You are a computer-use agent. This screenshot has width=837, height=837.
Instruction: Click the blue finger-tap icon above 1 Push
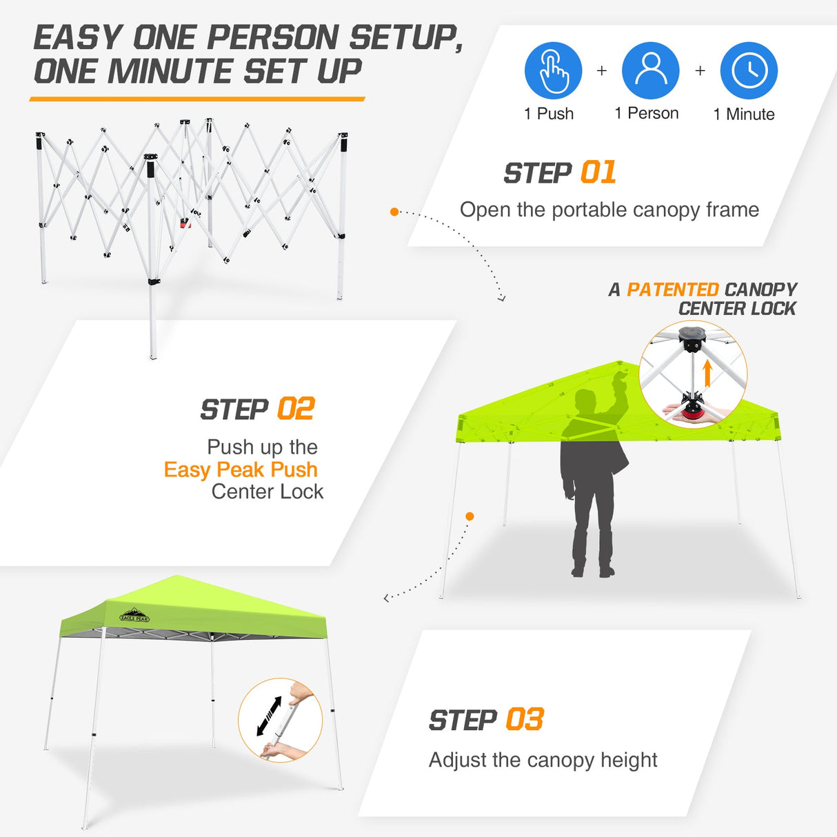pyautogui.click(x=553, y=70)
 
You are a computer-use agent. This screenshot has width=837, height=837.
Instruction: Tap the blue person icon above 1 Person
pyautogui.click(x=650, y=70)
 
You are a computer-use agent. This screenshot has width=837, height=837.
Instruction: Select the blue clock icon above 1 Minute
pyautogui.click(x=749, y=70)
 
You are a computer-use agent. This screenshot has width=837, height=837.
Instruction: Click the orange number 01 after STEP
pyautogui.click(x=598, y=173)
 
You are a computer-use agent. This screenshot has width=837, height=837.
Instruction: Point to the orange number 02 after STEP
pyautogui.click(x=296, y=410)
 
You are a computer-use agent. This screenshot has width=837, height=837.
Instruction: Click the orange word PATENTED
pyautogui.click(x=672, y=290)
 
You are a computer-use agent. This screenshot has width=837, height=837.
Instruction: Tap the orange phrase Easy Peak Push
pyautogui.click(x=241, y=470)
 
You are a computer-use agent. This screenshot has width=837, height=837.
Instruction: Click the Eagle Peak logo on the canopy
pyautogui.click(x=134, y=615)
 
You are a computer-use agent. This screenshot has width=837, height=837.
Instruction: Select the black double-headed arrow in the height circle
pyautogui.click(x=269, y=716)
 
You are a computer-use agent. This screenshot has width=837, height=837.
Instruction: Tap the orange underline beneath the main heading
pyautogui.click(x=196, y=99)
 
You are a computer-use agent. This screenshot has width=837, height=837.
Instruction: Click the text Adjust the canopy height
pyautogui.click(x=543, y=760)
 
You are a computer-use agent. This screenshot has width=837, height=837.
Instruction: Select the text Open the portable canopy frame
pyautogui.click(x=609, y=210)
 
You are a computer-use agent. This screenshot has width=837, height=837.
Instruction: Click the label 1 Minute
pyautogui.click(x=744, y=114)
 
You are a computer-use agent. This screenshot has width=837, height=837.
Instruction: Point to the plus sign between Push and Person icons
pyautogui.click(x=602, y=70)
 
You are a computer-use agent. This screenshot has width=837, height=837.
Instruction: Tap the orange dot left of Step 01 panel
pyautogui.click(x=394, y=212)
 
